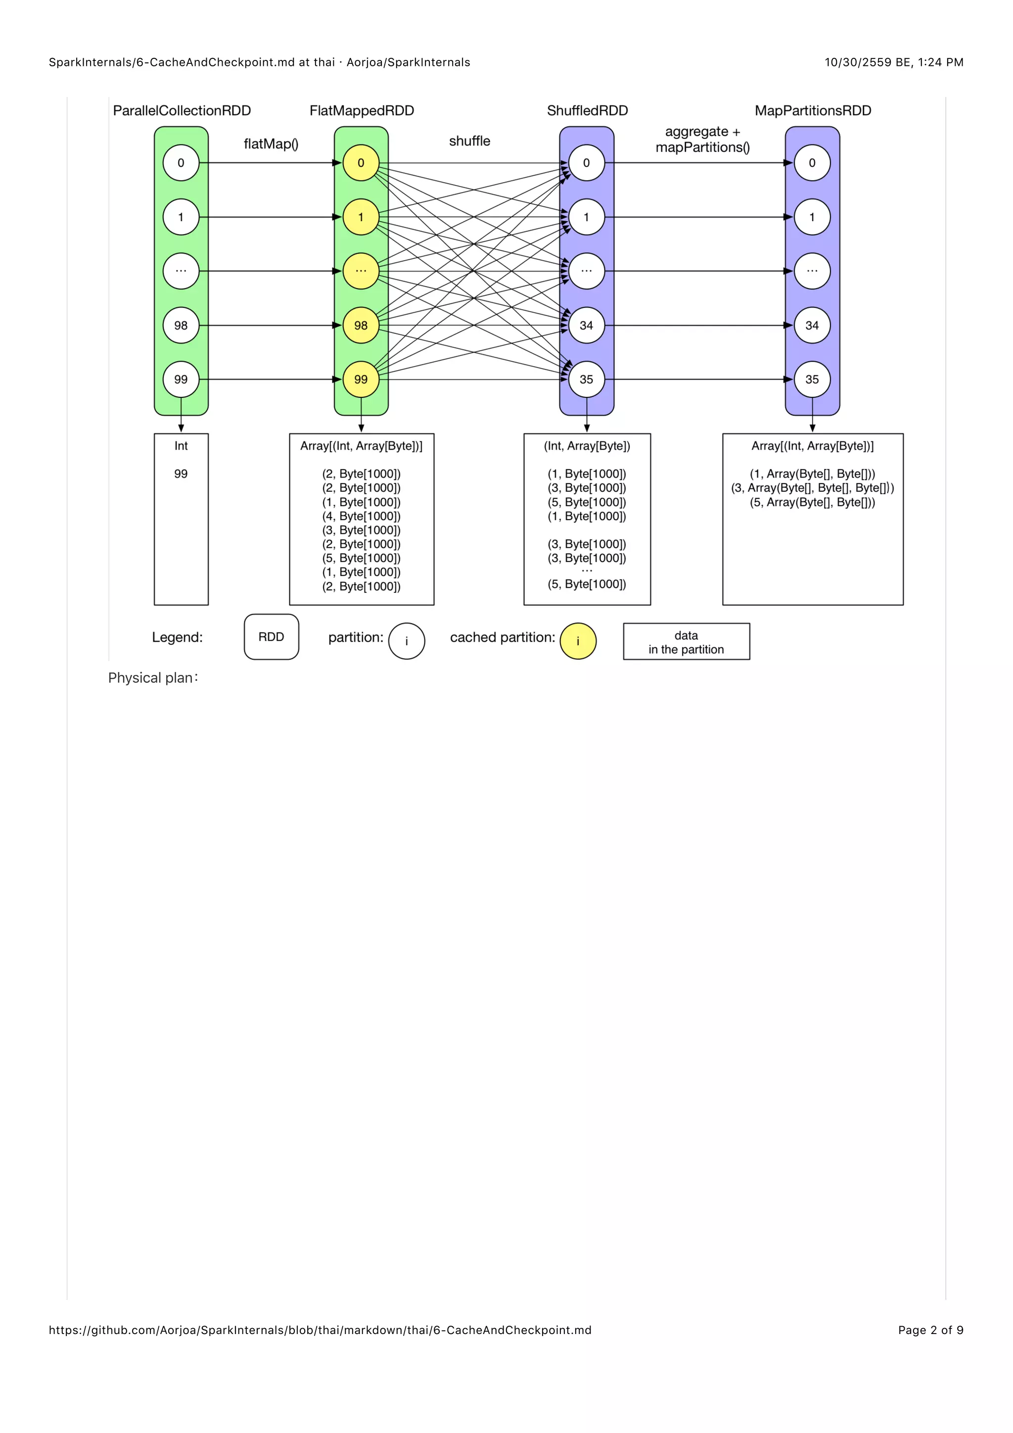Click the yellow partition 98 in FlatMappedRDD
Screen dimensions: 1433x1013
[361, 325]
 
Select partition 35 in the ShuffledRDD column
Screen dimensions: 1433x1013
[586, 379]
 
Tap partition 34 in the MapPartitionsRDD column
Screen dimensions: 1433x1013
[812, 325]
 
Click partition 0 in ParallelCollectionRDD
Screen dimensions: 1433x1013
[181, 163]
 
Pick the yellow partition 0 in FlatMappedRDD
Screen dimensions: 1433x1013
[361, 163]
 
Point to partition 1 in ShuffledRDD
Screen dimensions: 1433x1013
[586, 217]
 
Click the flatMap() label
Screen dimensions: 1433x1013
[271, 144]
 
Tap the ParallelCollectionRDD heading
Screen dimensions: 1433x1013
[182, 110]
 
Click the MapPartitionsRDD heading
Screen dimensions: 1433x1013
[813, 110]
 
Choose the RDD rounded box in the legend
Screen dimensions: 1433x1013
[272, 637]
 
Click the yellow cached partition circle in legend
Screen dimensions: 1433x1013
[578, 641]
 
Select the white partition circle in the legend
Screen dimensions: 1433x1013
[407, 641]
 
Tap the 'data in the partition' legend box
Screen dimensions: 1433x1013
[686, 642]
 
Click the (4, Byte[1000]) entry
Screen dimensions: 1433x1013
[361, 516]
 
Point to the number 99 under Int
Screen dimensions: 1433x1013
[181, 474]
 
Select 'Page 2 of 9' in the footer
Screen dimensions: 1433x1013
[930, 1330]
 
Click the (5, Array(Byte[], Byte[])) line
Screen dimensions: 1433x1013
[812, 502]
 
